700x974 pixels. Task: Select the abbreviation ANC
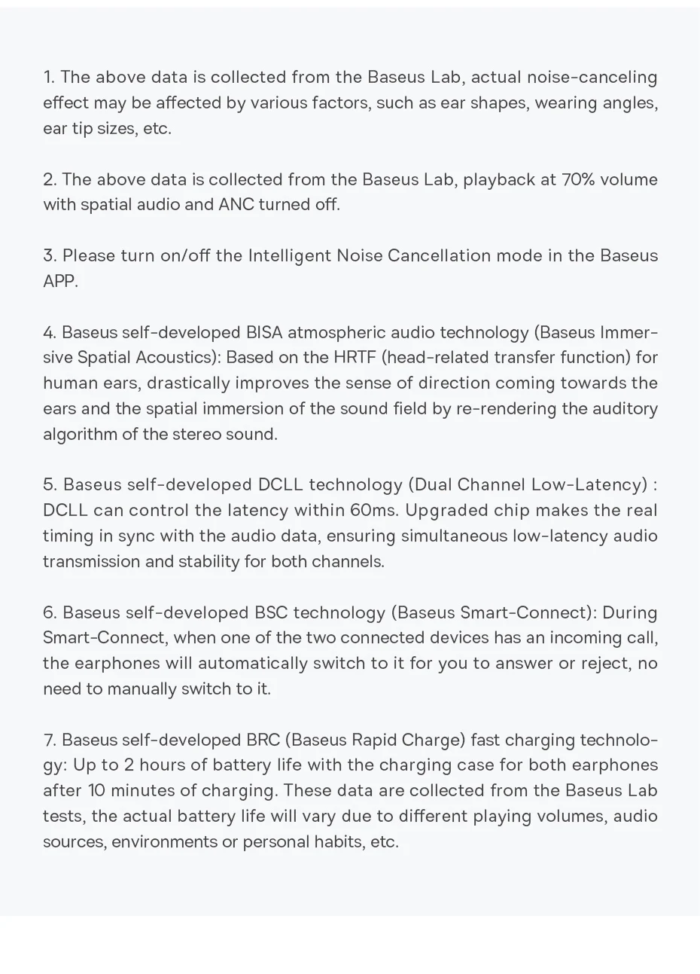pos(236,205)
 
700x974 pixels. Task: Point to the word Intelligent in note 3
pos(289,256)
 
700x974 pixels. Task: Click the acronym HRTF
pos(355,358)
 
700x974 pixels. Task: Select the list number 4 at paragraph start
pos(49,332)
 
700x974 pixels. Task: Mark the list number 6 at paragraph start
pos(49,612)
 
